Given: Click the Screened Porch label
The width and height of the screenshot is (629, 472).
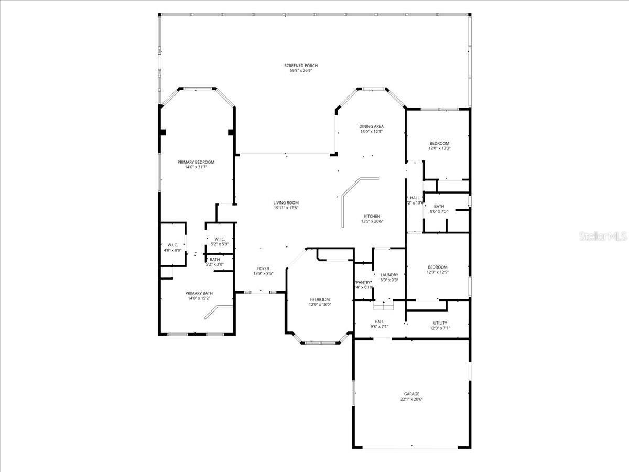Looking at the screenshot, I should tap(301, 66).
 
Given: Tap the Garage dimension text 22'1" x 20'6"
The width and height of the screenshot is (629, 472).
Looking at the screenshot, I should tap(411, 399).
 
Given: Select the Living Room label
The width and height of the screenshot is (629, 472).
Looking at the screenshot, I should tap(286, 202).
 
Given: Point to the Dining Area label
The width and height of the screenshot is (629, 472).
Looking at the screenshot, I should tap(371, 126).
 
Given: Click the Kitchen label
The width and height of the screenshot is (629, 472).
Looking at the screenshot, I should tap(372, 216).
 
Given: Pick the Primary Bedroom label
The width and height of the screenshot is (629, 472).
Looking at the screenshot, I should tap(196, 162).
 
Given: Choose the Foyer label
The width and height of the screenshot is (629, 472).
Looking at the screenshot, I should tap(263, 269).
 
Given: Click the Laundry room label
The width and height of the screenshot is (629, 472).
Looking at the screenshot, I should tap(389, 275).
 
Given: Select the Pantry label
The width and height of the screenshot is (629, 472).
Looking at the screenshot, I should tap(364, 282).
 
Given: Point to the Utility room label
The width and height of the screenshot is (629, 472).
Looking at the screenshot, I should tap(440, 323).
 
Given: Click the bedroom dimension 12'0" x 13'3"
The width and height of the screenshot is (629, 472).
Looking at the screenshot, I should tap(439, 148).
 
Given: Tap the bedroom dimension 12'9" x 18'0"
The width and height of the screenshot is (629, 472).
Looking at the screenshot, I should tap(319, 304).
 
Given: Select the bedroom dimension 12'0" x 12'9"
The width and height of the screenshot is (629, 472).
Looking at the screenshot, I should tap(437, 272).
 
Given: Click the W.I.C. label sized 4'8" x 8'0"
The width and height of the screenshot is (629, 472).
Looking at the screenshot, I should tap(172, 245).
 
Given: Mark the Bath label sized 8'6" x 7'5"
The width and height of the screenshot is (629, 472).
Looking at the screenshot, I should tap(439, 206).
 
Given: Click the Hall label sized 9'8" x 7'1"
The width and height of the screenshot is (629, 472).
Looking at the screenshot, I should tap(379, 321).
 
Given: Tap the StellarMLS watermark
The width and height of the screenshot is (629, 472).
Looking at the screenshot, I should tap(602, 237).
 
